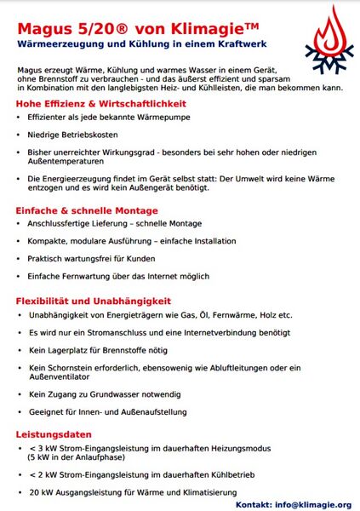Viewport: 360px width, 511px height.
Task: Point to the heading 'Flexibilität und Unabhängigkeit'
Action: point(94,301)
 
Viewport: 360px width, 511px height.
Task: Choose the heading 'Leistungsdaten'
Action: point(54,434)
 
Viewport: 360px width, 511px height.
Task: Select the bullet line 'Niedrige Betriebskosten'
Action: point(72,135)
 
